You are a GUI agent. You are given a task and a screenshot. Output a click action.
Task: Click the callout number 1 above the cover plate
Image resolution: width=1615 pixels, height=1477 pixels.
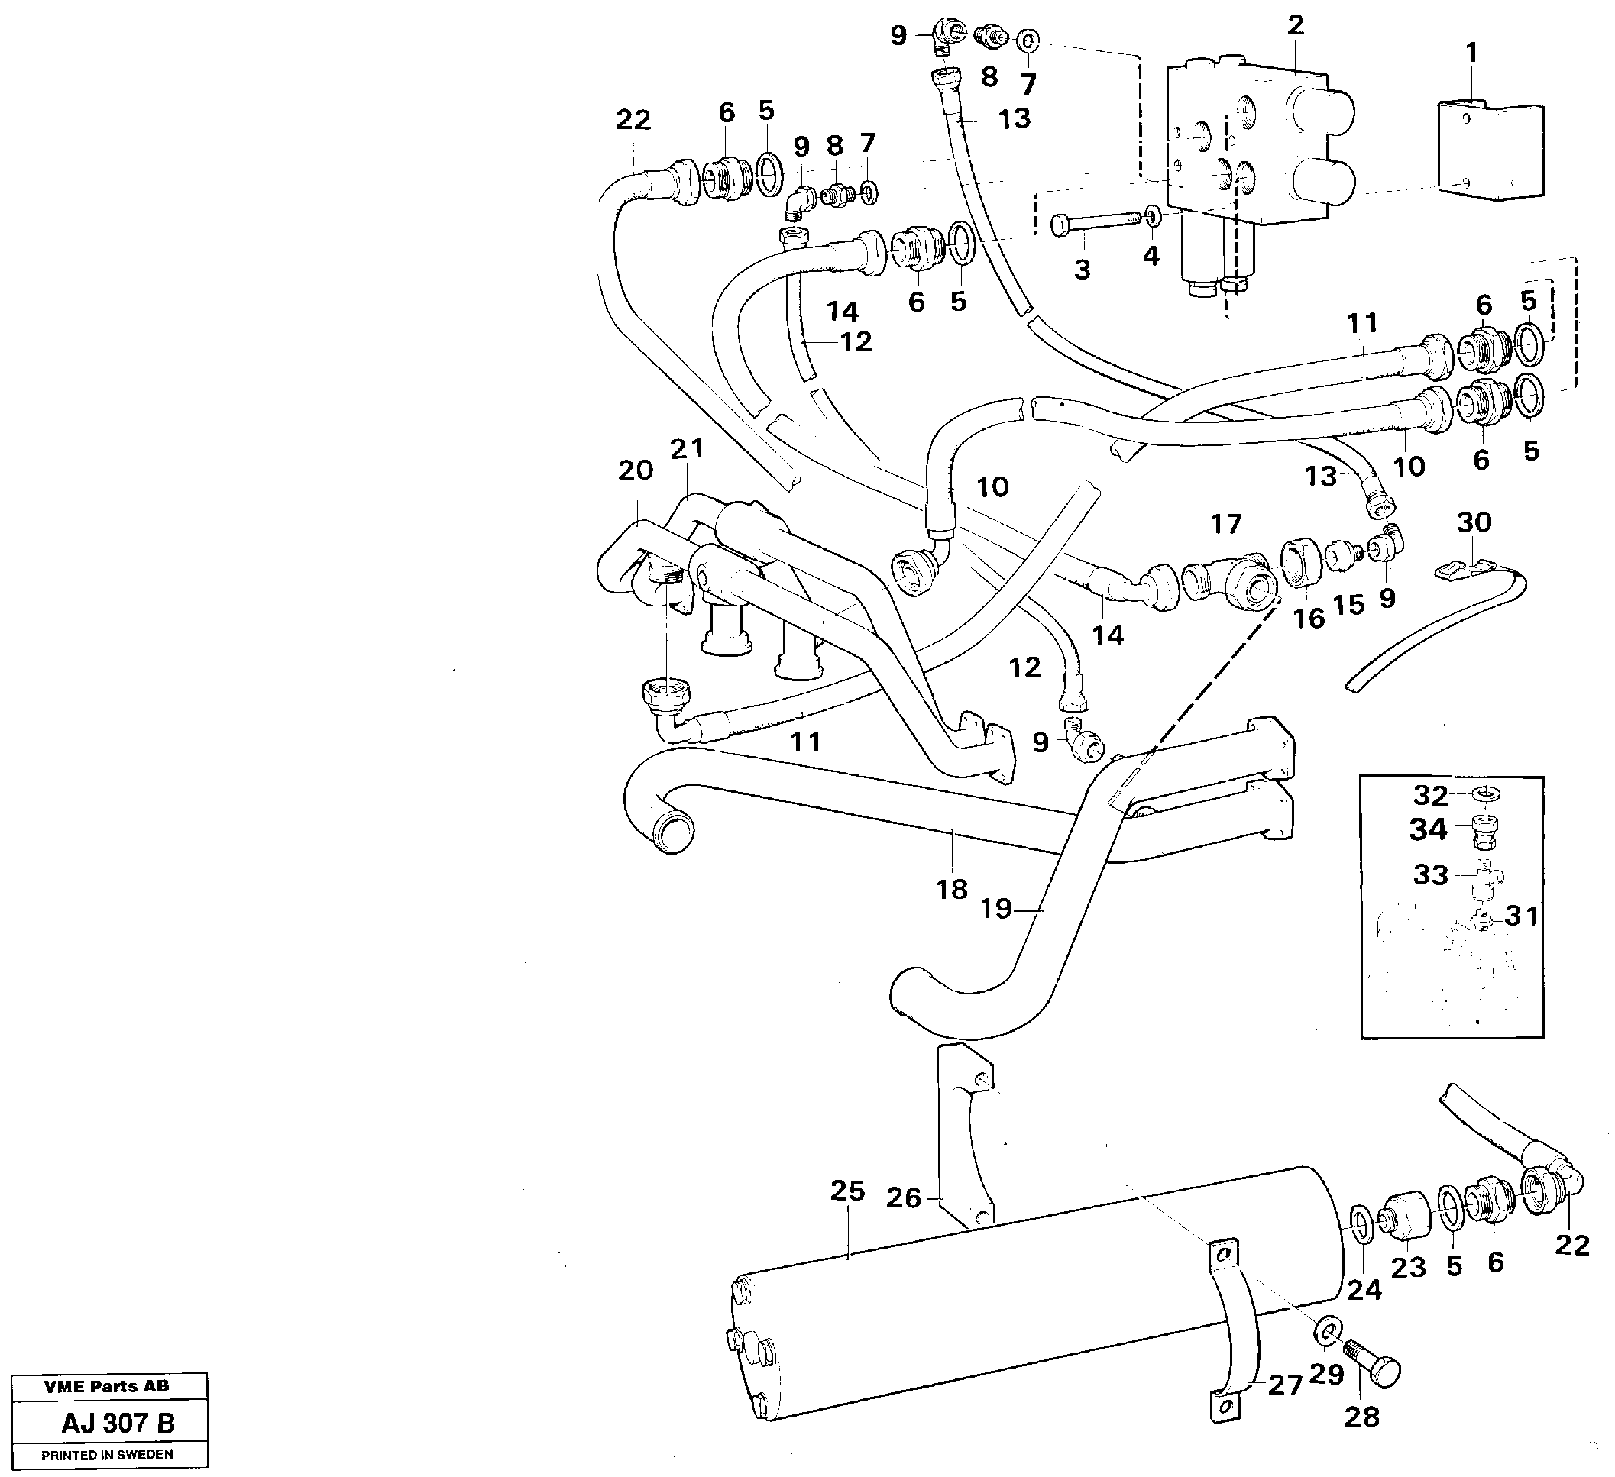click(1471, 53)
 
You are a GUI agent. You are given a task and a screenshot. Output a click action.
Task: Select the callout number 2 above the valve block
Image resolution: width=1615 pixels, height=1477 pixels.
click(1296, 25)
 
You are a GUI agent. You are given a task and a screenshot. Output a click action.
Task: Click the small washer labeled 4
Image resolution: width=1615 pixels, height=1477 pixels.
click(1152, 215)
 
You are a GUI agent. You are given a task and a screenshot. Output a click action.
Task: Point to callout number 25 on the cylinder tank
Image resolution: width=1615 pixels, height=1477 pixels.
click(846, 1191)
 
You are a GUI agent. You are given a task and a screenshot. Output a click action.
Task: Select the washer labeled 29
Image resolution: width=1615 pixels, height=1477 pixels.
click(1326, 1331)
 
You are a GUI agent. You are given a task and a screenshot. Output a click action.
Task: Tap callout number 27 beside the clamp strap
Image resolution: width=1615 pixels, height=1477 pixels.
click(1285, 1385)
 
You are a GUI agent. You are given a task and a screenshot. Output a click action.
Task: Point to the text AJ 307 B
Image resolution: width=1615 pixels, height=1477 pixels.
click(118, 1423)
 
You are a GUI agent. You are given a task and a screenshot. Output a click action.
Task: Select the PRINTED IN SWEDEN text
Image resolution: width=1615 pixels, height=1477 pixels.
click(108, 1455)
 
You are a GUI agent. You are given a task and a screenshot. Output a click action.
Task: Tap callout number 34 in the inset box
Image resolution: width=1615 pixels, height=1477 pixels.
click(1428, 830)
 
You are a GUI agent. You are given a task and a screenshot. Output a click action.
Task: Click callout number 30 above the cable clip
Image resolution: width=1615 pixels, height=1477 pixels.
click(1474, 522)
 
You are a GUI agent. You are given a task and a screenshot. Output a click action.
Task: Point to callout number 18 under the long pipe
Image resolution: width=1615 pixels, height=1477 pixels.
click(952, 889)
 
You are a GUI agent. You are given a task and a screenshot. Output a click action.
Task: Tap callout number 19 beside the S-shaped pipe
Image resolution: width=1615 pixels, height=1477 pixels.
click(996, 909)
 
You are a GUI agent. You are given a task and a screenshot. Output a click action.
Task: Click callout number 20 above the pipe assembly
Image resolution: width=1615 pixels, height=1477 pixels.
click(636, 470)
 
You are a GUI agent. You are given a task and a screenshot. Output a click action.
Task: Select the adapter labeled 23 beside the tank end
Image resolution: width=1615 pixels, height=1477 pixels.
click(1407, 1217)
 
